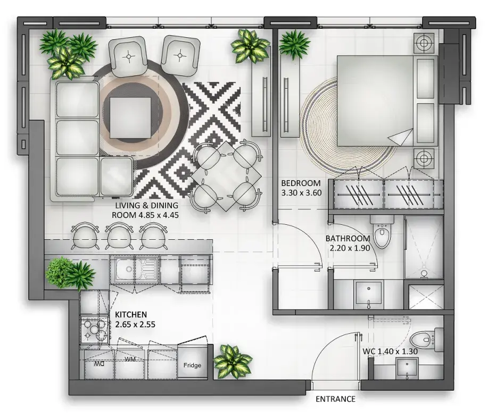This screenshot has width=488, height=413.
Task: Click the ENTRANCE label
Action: click(335, 399)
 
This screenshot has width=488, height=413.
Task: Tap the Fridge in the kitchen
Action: click(192, 363)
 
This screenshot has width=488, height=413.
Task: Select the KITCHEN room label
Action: click(131, 314)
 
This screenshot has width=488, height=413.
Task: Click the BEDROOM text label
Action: click(301, 183)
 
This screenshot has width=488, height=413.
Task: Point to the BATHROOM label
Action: click(348, 239)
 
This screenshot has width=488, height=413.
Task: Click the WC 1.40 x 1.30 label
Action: click(390, 351)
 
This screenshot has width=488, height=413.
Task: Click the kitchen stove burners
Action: click(94, 330)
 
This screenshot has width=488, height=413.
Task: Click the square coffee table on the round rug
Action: click(130, 117)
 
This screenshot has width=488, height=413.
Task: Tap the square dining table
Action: click(226, 176)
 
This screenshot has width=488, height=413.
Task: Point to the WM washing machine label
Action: click(130, 359)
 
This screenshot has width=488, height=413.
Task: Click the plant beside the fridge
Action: click(233, 361)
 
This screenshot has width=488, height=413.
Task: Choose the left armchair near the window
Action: click(128, 56)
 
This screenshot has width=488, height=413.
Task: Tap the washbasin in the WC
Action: click(407, 368)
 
